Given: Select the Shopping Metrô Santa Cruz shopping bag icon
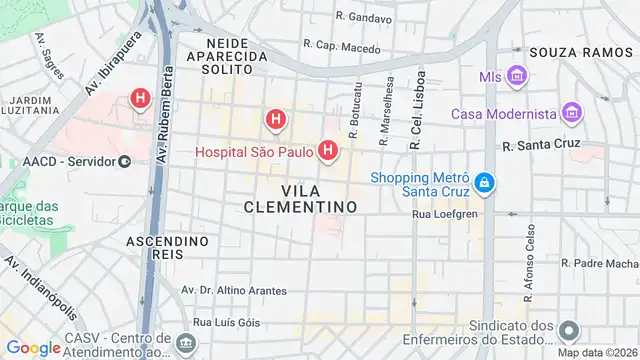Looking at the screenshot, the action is (x=484, y=183).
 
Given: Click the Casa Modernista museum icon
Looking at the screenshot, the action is (x=571, y=113).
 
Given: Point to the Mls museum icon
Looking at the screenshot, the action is (x=517, y=76).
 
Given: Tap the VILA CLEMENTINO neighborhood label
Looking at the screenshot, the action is (x=300, y=198).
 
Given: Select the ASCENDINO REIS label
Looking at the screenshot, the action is (x=168, y=249).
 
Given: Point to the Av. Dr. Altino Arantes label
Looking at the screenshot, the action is (x=233, y=290).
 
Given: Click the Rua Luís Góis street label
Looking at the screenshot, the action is (x=226, y=322).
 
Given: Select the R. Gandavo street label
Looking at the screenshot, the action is (x=364, y=17).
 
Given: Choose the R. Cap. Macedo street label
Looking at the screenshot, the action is (x=342, y=46).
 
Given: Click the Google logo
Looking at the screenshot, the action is (x=33, y=347).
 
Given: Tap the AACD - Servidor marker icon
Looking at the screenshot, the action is (x=124, y=161).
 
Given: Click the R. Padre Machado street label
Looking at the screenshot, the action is (x=600, y=263).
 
